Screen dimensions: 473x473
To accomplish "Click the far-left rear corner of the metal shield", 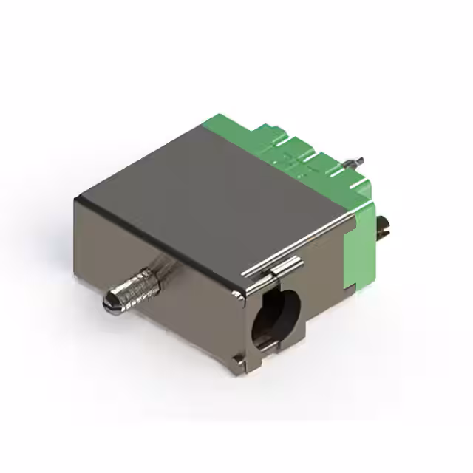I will point(76,197).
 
